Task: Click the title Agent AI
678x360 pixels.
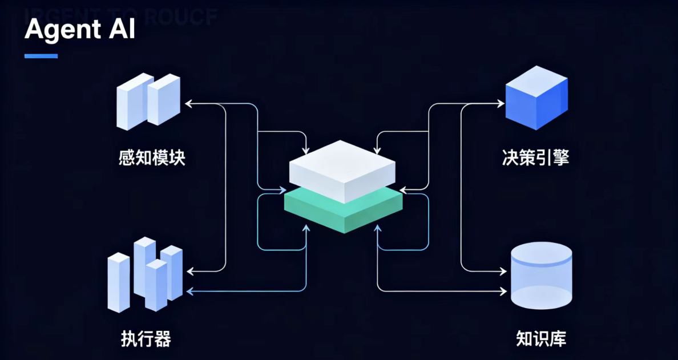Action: [x=80, y=30]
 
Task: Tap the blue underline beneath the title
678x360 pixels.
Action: [x=41, y=56]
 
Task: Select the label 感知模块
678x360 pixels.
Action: [x=152, y=157]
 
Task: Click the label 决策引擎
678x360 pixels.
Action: [x=536, y=157]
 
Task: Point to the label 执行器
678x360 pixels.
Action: [x=146, y=339]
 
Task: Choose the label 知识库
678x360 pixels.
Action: [x=540, y=339]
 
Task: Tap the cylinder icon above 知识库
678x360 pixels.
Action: [x=540, y=276]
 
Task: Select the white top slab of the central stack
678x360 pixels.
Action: [x=342, y=168]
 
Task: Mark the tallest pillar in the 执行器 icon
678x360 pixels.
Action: [x=144, y=266]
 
